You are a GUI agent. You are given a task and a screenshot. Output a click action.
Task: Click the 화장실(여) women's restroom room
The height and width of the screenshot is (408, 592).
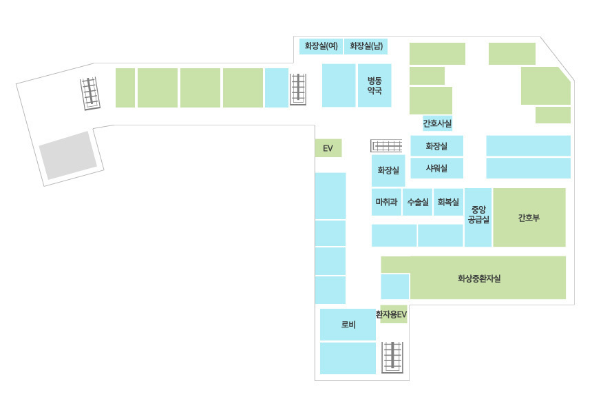click(x=321, y=46)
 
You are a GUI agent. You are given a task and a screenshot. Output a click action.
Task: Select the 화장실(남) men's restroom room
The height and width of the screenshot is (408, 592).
click(x=366, y=46)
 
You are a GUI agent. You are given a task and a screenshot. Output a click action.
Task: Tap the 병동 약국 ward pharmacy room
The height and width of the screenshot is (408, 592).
click(x=374, y=85)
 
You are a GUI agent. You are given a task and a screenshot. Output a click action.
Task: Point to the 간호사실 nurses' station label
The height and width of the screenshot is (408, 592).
click(x=437, y=123)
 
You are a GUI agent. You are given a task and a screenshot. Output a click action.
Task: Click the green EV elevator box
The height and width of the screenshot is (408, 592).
click(x=328, y=148)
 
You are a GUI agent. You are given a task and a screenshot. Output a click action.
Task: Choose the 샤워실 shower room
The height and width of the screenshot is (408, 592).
click(x=437, y=168)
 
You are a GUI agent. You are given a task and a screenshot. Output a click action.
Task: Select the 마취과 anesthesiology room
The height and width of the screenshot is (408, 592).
click(x=386, y=202)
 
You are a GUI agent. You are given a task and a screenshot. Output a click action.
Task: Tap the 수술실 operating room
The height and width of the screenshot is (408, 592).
click(x=418, y=202)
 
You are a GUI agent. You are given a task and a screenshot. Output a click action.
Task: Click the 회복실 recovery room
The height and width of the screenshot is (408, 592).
click(x=449, y=202)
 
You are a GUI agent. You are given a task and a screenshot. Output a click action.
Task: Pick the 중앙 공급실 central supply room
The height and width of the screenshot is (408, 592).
click(x=478, y=217)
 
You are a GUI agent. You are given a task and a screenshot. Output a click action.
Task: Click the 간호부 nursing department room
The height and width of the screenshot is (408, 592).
click(x=529, y=217)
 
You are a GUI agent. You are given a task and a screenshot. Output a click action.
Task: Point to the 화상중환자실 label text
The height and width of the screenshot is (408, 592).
click(x=479, y=278)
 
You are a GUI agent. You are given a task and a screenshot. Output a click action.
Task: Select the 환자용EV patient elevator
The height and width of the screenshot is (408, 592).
click(x=394, y=314)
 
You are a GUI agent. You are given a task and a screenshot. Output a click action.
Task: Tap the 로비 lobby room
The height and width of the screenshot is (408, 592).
click(x=348, y=325)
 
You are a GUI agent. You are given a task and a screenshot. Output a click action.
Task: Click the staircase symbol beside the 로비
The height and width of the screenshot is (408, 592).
click(x=392, y=357)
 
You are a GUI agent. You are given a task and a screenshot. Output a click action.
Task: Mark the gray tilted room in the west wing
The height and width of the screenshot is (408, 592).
click(x=68, y=155)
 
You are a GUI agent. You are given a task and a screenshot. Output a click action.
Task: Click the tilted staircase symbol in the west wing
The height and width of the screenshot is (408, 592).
click(x=90, y=94)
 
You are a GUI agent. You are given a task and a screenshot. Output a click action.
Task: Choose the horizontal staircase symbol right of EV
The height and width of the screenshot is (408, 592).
click(x=387, y=145)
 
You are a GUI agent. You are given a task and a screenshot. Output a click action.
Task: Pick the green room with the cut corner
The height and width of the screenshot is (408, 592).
click(x=546, y=86)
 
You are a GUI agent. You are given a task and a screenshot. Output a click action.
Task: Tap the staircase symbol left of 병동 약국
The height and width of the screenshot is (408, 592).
click(x=298, y=89)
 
